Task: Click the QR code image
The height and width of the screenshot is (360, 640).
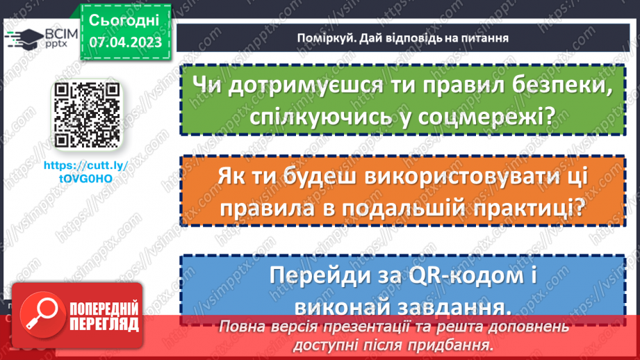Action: [x=87, y=115]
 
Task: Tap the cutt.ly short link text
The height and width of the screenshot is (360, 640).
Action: [x=87, y=173]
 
